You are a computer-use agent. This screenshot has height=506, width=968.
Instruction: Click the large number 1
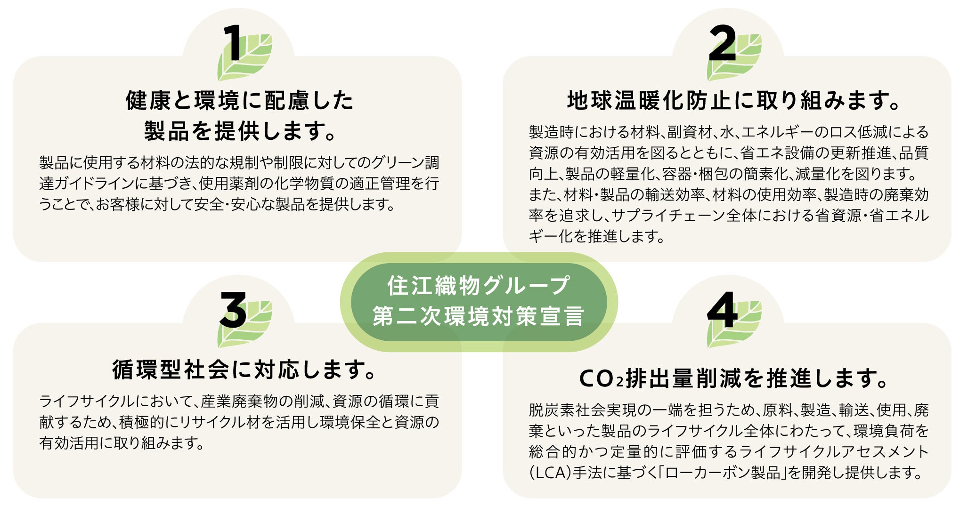click(232, 43)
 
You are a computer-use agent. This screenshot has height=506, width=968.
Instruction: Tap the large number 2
click(722, 43)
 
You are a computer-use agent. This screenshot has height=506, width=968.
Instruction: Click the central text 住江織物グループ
click(479, 286)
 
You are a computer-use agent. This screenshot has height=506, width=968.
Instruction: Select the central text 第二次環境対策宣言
click(479, 316)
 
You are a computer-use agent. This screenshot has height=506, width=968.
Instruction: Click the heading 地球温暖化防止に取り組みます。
click(732, 100)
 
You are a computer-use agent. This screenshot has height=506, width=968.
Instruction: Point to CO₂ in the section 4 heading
click(601, 378)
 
